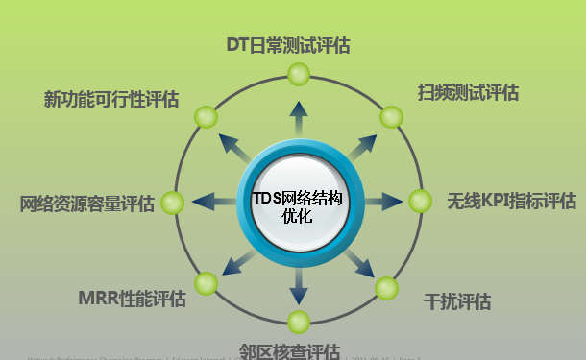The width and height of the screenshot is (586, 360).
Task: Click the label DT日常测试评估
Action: tap(287, 44)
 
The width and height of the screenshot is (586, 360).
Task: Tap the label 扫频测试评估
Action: tap(468, 92)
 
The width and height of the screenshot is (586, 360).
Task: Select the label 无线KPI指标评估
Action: tap(511, 202)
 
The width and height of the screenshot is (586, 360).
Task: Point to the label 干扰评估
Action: tap(457, 301)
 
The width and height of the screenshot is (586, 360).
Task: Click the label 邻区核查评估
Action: tap(288, 350)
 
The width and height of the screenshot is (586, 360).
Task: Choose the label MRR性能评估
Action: tap(133, 297)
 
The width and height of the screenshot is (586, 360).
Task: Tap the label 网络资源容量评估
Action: tap(87, 204)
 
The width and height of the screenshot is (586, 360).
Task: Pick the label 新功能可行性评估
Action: tap(111, 99)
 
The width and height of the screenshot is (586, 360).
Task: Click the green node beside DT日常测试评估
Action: tap(298, 73)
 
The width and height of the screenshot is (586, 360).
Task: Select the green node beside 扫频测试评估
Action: tap(390, 117)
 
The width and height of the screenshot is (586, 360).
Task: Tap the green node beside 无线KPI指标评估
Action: tap(421, 202)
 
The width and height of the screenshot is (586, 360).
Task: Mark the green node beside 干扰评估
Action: tap(386, 287)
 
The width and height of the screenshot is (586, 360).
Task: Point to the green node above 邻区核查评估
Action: tap(298, 322)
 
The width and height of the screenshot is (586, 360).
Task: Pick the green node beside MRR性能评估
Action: tap(207, 283)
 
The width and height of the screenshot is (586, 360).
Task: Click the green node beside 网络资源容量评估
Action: tap(173, 203)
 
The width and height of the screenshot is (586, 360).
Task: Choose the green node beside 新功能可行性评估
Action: tap(206, 117)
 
